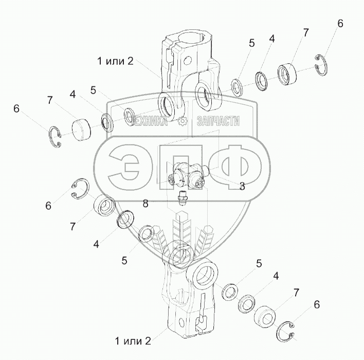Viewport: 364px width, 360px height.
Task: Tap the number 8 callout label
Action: (x=145, y=204)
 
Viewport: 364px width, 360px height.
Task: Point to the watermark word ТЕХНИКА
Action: (x=150, y=122)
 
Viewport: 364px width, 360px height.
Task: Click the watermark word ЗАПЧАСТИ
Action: (x=218, y=122)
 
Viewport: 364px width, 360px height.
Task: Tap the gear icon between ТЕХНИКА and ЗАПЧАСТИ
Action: (x=182, y=122)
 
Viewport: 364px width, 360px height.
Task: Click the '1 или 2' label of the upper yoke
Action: (x=116, y=61)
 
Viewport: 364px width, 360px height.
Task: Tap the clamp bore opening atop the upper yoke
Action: (x=195, y=38)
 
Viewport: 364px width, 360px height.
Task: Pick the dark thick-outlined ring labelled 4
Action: (x=125, y=220)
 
